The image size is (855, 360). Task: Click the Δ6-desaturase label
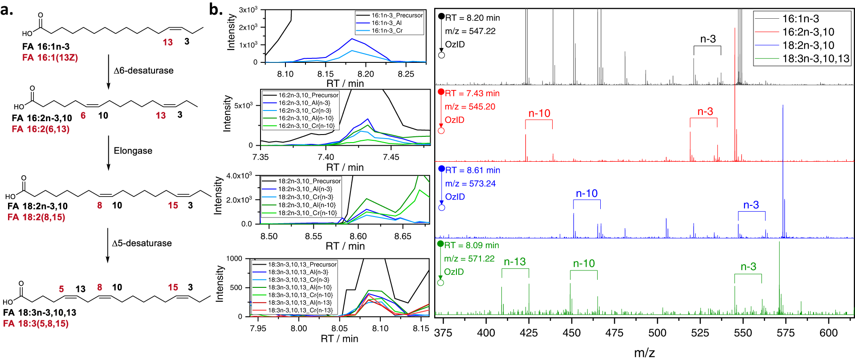[143, 70]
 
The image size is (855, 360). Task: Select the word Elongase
[133, 151]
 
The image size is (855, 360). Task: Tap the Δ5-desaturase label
[142, 243]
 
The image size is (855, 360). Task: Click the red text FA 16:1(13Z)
[50, 57]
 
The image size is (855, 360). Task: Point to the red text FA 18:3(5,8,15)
[36, 323]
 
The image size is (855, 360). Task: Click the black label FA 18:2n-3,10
[37, 206]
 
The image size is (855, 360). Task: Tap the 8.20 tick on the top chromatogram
[366, 74]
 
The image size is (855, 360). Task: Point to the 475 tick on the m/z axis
[615, 333]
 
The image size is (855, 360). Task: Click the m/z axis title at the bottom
[644, 353]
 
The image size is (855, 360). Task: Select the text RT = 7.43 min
[472, 94]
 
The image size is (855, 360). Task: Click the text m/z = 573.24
[470, 184]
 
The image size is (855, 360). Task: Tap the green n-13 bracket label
[515, 262]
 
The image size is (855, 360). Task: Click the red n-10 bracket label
[539, 114]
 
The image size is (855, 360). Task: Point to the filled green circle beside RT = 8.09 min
[440, 244]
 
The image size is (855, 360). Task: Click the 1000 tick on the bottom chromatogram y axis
[234, 258]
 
